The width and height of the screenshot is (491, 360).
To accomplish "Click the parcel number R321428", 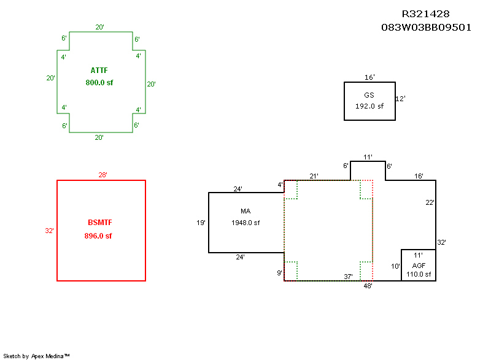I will [x=426, y=14].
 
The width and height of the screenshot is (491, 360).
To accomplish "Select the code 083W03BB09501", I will [x=426, y=28].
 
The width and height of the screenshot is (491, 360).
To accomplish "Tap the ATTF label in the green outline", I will [x=99, y=71].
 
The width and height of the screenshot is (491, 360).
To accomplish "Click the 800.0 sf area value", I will [x=99, y=82].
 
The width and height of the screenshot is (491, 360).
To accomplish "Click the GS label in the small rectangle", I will [x=369, y=95].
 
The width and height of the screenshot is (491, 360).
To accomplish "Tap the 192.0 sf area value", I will [x=369, y=106].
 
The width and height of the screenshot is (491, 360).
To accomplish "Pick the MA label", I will [x=245, y=211].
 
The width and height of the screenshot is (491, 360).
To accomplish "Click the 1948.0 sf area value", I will [x=245, y=223].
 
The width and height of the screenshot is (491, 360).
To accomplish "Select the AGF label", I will [x=419, y=265].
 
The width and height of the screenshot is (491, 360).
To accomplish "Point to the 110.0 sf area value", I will [x=419, y=274].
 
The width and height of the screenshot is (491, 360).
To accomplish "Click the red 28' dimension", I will [x=102, y=175].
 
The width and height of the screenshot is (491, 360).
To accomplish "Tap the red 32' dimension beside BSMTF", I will [x=49, y=231].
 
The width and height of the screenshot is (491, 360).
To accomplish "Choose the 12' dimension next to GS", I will [x=401, y=98].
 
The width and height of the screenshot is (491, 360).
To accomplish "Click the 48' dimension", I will [x=368, y=286].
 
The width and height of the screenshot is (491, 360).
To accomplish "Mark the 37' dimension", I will [x=348, y=277].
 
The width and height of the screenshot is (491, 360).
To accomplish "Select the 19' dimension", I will [x=201, y=223].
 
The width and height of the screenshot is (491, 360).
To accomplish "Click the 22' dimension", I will [x=430, y=202].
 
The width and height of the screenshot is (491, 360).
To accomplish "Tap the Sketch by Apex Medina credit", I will [x=36, y=356].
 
